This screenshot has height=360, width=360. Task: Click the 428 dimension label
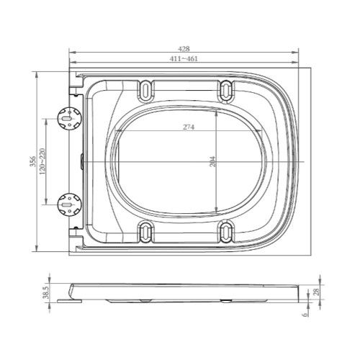tap(184, 49)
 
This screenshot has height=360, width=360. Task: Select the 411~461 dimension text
tap(184, 58)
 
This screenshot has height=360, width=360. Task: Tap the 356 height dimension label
tap(33, 161)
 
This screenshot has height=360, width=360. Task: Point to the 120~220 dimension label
tap(42, 161)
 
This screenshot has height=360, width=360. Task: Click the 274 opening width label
tap(189, 127)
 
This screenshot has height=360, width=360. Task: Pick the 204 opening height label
tap(213, 161)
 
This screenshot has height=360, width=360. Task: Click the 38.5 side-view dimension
tap(45, 292)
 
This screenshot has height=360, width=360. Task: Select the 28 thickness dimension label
tap(317, 292)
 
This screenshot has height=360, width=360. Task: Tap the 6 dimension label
tap(305, 315)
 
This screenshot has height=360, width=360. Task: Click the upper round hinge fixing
tap(70, 118)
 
